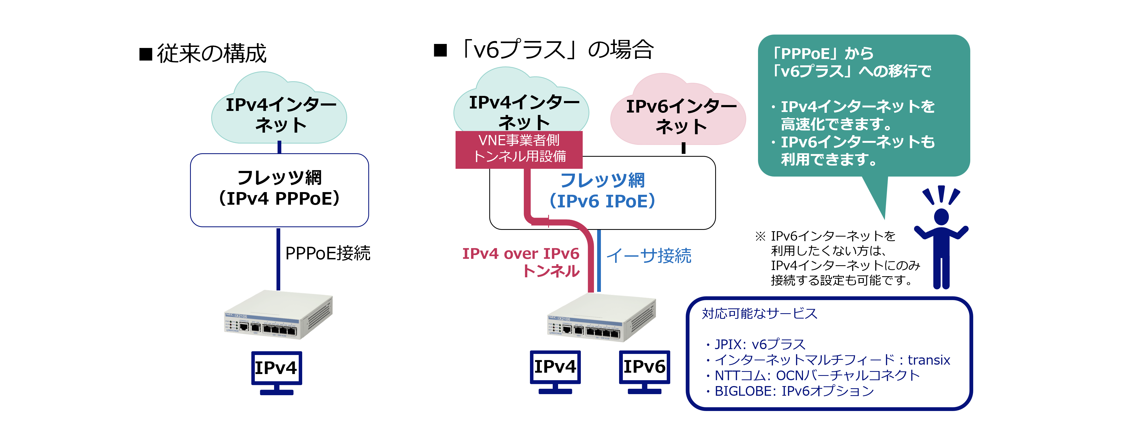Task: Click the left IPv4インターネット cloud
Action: (279, 110)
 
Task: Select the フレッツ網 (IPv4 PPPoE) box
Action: (279, 190)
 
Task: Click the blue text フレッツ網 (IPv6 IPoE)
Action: (602, 190)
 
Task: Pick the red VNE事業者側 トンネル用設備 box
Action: (519, 149)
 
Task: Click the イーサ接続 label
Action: (649, 256)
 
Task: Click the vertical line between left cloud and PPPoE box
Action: (279, 147)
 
